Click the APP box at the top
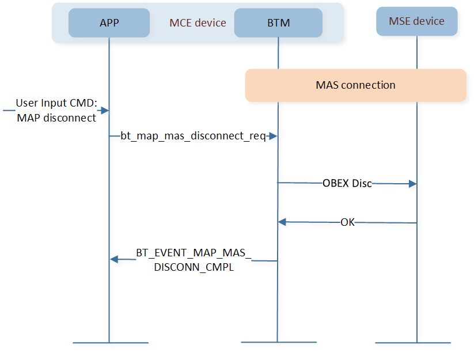tap(109, 22)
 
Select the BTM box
tap(278, 22)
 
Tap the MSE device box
tap(416, 21)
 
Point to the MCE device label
tap(198, 23)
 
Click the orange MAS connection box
tap(355, 85)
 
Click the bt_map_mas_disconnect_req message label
tap(193, 136)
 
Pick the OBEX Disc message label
tap(347, 183)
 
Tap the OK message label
tap(347, 222)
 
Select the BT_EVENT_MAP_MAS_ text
tap(194, 253)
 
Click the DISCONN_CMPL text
tap(194, 267)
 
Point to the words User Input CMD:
tap(56, 103)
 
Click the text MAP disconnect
tap(56, 118)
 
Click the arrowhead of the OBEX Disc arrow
tap(412, 184)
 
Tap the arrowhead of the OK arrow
tap(282, 222)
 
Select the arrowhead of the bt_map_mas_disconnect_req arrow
tap(273, 136)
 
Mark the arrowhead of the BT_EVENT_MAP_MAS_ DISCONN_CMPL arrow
tap(114, 259)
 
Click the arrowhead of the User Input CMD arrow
tap(105, 111)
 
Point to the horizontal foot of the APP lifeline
tap(111, 343)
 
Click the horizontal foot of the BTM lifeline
tap(279, 342)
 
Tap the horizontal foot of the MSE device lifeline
tap(413, 343)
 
